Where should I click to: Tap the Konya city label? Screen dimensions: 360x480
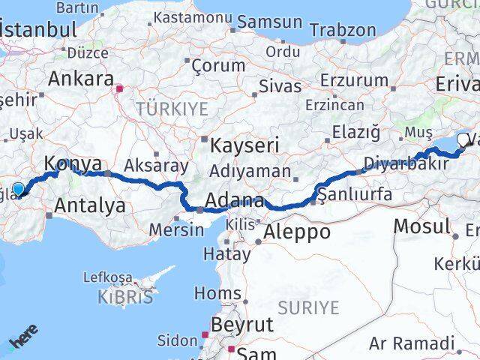coord(72,163)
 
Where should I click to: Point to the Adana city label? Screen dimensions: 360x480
coord(236,202)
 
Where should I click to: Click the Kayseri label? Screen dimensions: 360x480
coord(244,145)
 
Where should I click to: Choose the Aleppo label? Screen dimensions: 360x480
coord(297,232)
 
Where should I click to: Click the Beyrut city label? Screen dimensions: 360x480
coord(244,325)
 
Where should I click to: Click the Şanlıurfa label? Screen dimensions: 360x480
coord(355,195)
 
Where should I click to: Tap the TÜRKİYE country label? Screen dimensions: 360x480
coord(172,109)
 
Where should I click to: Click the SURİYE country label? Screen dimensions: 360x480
coord(308,307)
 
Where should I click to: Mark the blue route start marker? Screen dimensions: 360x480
coord(18,189)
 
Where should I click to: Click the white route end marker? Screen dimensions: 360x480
coord(472,139)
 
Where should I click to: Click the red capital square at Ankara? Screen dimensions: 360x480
coord(118,88)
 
